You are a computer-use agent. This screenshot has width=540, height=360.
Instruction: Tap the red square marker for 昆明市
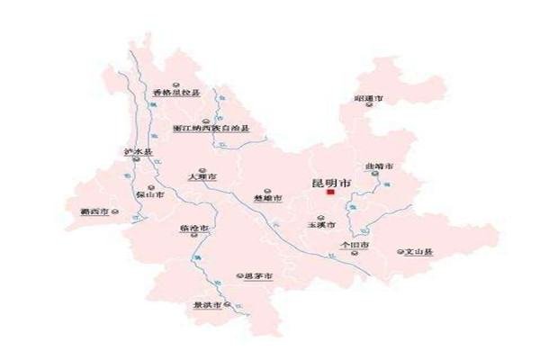coord(331,192)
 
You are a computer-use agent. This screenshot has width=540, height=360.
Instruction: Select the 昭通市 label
coord(370,97)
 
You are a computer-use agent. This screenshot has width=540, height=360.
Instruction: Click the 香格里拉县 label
coord(175,93)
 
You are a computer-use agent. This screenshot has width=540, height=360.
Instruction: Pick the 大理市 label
coord(202,177)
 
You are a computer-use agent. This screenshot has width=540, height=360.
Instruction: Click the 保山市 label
coord(148,194)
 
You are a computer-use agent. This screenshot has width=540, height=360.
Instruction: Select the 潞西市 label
coord(94,212)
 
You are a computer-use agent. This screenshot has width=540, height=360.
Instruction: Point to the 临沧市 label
coord(194,229)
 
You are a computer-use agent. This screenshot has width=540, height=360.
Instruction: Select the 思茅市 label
coord(257,275)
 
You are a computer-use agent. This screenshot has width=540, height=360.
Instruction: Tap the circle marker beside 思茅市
coord(238,275)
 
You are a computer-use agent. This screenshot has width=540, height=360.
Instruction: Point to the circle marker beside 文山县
coord(400,252)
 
